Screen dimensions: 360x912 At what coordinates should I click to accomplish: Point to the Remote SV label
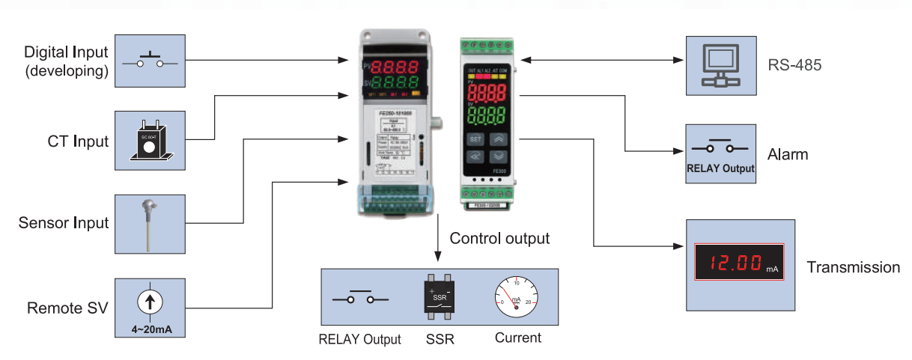(67, 308)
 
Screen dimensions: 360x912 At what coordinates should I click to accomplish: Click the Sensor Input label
(64, 223)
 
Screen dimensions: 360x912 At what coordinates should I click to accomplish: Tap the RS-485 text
(794, 65)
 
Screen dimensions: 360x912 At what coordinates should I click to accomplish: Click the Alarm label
(788, 155)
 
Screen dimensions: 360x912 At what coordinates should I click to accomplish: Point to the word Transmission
(854, 268)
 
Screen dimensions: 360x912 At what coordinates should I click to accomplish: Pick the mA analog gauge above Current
(515, 299)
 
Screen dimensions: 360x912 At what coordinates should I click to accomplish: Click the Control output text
(499, 239)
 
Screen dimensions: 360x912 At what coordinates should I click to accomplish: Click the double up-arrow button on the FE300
(498, 138)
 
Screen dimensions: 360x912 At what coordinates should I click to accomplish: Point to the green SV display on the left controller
(391, 82)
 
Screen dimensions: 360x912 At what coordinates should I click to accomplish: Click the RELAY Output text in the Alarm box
(720, 169)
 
